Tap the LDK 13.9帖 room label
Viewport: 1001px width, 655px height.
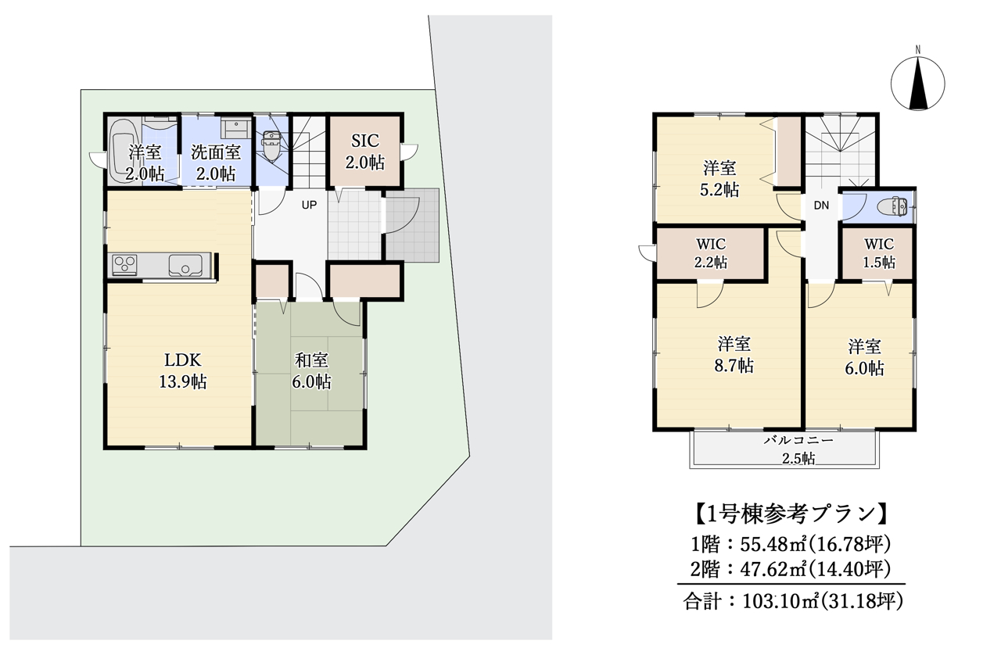[185, 371]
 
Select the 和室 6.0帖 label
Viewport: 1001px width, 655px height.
[312, 371]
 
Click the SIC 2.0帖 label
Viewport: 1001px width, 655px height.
[365, 152]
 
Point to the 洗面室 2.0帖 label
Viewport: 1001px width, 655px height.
[216, 163]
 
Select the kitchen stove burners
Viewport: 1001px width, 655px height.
[125, 265]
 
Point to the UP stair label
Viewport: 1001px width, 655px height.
[310, 205]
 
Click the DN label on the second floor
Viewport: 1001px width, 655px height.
[820, 206]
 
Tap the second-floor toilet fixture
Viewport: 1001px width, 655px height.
[892, 208]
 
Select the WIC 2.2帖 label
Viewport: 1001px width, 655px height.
[710, 253]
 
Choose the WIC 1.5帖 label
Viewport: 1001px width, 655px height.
[879, 253]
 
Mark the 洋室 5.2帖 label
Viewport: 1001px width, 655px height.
[719, 178]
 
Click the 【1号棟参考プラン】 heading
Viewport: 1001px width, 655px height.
[790, 514]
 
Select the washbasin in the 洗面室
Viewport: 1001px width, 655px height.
[234, 127]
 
